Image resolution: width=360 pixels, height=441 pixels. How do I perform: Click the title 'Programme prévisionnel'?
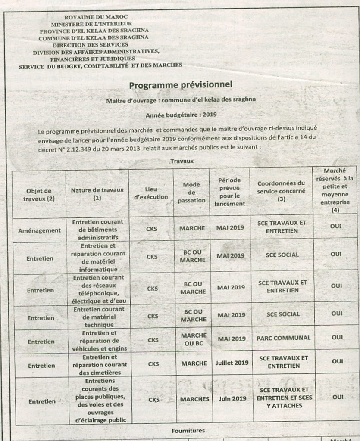pyautogui.click(x=180, y=85)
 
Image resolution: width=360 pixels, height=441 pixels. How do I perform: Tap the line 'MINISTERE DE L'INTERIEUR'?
pyautogui.click(x=92, y=24)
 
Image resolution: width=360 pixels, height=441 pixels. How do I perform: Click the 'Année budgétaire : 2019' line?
pyautogui.click(x=181, y=115)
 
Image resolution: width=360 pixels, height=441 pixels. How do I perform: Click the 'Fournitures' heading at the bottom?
pyautogui.click(x=188, y=430)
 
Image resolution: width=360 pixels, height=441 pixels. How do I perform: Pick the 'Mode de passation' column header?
pyautogui.click(x=191, y=193)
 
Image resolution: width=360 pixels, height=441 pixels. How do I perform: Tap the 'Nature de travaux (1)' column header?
pyautogui.click(x=97, y=193)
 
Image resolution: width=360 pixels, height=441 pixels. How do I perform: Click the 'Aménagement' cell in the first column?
pyautogui.click(x=39, y=230)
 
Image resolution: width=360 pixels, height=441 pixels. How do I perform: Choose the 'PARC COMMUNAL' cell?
pyautogui.click(x=283, y=338)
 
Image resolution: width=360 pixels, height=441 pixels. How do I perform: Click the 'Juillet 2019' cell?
pyautogui.click(x=232, y=363)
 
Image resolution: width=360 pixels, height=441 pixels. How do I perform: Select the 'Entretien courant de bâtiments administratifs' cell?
pyautogui.click(x=97, y=230)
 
